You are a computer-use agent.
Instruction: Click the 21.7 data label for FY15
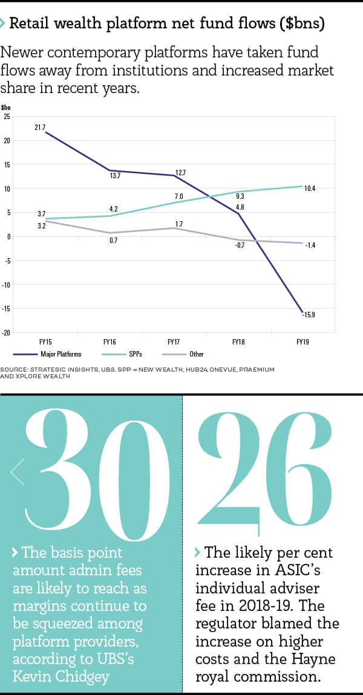tap(41, 127)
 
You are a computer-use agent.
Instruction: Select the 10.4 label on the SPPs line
tap(310, 189)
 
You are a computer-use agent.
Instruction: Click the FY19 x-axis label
tap(302, 342)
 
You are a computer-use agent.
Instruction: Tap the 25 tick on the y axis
tap(7, 116)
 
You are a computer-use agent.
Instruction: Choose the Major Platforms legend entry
tap(60, 354)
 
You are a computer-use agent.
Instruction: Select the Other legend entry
tap(197, 354)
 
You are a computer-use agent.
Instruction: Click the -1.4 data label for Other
tap(310, 245)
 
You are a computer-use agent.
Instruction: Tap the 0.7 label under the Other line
tap(113, 241)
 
